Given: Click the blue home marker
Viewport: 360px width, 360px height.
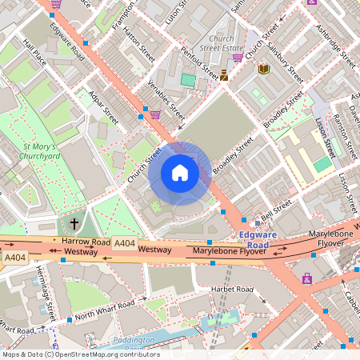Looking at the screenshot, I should tap(180, 173).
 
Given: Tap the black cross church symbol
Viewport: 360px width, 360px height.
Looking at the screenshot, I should tap(74, 224).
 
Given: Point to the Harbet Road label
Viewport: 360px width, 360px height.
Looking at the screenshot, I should tap(231, 289).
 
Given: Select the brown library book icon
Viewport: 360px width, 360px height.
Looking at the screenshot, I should tap(264, 70).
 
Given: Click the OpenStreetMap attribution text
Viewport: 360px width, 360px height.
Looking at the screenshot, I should tap(80, 354).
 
